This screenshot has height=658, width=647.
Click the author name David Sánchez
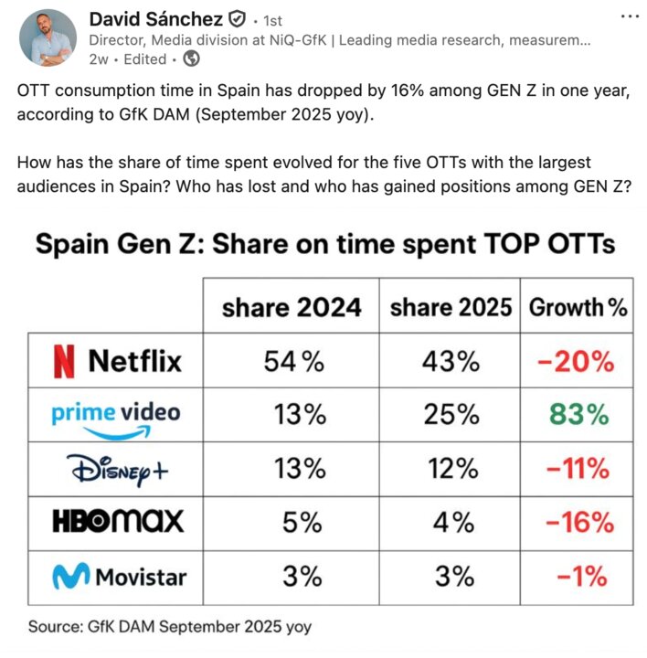pyautogui.click(x=155, y=19)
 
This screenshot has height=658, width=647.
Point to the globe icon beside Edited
pyautogui.click(x=190, y=59)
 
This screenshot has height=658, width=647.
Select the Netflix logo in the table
pyautogui.click(x=118, y=361)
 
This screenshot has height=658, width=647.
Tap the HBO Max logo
pyautogui.click(x=118, y=522)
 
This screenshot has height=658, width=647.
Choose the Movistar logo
pyautogui.click(x=118, y=577)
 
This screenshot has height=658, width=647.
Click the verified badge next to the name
pyautogui.click(x=236, y=19)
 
